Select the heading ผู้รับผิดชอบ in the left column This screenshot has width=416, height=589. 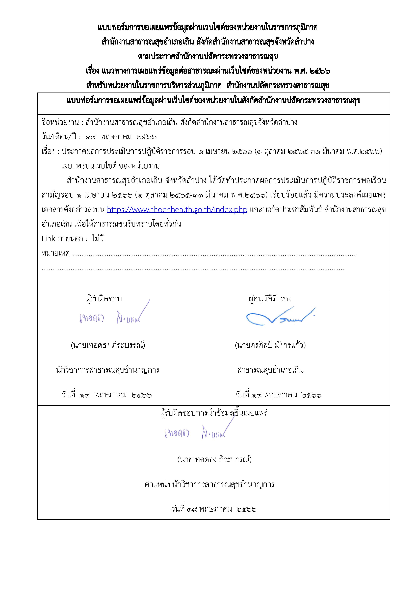click(104, 299)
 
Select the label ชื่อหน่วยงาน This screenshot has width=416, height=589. click(60, 122)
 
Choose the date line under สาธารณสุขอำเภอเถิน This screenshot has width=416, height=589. click(278, 395)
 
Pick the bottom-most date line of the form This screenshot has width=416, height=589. click(214, 509)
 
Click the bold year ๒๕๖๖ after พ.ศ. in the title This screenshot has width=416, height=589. click(319, 71)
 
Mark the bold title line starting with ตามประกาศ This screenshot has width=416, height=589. click(208, 56)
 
